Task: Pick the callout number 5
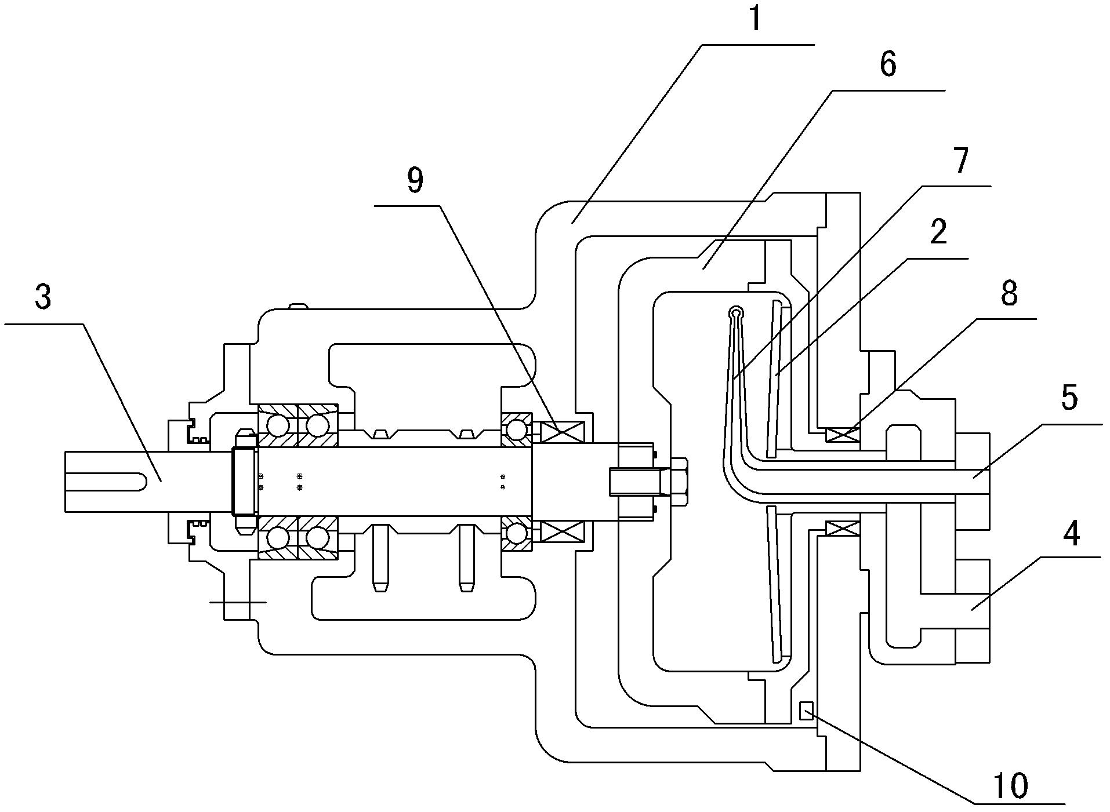(1068, 399)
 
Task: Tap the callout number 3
(43, 297)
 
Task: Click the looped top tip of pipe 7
(735, 312)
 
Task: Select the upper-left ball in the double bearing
(278, 426)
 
